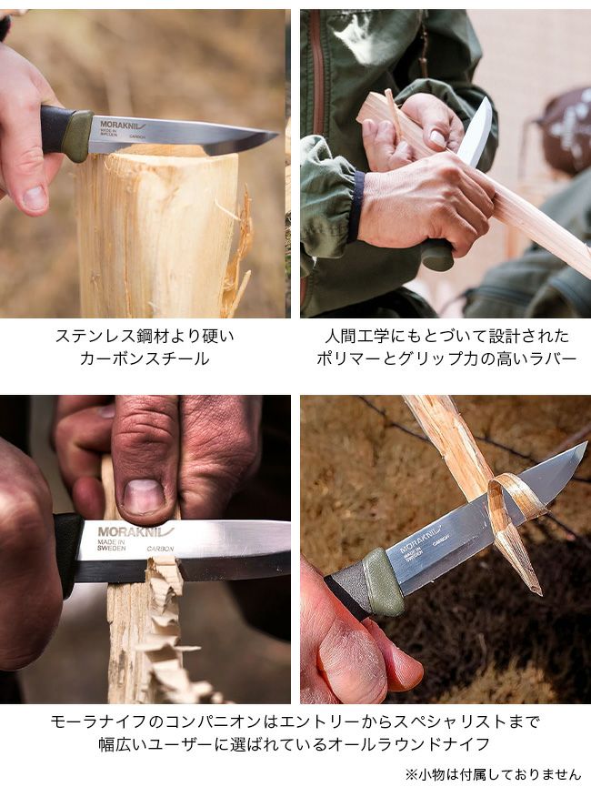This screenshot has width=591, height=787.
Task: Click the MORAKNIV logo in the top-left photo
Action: click(123, 124)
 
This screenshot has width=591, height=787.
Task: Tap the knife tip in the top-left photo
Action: click(278, 134)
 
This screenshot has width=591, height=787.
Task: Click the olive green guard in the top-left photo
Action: click(76, 136)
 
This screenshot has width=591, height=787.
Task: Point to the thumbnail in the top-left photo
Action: click(35, 197)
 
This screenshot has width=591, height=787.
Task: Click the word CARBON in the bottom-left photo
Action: click(160, 549)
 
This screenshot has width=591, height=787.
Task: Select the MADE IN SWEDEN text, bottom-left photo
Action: click(111, 545)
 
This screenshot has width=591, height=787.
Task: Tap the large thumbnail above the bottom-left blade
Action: click(144, 497)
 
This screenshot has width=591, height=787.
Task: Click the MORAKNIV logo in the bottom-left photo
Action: click(135, 531)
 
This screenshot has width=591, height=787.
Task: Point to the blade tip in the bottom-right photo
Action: click(586, 443)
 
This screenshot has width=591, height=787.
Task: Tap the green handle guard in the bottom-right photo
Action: click(384, 582)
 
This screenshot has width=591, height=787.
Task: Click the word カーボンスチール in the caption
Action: click(145, 358)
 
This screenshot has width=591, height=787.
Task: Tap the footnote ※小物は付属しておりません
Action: click(493, 774)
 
